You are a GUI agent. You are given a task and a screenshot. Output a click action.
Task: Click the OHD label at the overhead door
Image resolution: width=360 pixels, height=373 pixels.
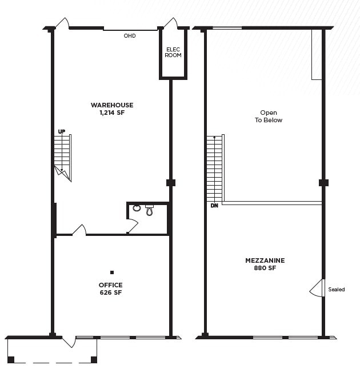[x=130, y=36]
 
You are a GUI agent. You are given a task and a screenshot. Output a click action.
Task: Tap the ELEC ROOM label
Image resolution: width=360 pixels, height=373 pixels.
[x=173, y=52]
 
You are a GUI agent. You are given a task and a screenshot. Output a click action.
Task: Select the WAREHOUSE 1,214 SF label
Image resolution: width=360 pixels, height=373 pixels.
[x=112, y=109]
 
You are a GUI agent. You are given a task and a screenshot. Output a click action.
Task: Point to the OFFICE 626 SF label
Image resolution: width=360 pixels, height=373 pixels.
[x=110, y=288]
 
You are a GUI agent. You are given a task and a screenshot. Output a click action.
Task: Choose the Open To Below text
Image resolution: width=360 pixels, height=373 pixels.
[x=268, y=117]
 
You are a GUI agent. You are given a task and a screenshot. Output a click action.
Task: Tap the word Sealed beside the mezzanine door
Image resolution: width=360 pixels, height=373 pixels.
[x=337, y=290]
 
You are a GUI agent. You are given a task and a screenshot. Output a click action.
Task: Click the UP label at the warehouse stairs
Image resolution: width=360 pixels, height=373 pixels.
[x=61, y=132]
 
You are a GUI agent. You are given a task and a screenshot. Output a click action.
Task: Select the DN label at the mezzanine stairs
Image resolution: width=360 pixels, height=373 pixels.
[x=214, y=205]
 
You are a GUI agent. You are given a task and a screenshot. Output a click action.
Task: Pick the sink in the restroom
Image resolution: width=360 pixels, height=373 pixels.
[x=137, y=208]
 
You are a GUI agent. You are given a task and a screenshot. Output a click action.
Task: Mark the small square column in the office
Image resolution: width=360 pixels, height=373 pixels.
[x=112, y=272]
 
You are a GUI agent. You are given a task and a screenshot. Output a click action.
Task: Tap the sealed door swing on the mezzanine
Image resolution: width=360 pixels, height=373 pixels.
[x=317, y=288]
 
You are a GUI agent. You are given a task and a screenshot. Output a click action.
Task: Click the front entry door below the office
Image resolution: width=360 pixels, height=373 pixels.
[x=69, y=342]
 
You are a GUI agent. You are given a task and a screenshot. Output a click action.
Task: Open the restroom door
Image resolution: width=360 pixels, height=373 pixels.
[x=131, y=226]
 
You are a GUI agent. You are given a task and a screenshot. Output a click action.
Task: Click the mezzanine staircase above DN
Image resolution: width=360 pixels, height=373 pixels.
[x=214, y=169]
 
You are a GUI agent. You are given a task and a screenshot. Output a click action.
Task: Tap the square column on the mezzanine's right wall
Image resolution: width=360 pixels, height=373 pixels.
[x=323, y=183]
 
